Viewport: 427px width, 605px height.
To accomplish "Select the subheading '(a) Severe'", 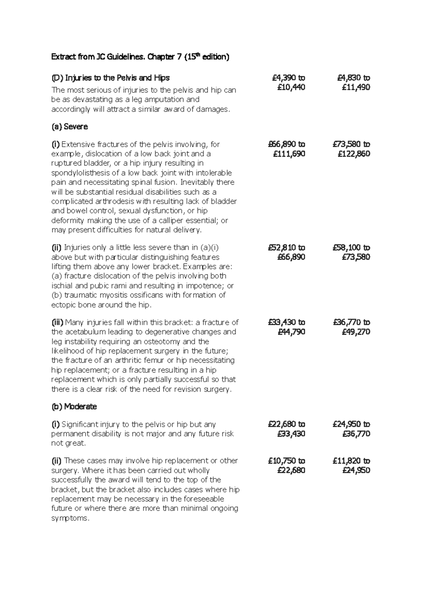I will [69, 127].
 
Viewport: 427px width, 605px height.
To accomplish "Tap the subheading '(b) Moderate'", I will [74, 407].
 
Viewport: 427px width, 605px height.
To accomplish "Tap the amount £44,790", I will [291, 332].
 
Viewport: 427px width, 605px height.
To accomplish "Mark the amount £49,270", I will [356, 332].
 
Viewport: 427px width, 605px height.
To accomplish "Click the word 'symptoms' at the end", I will [70, 518].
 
